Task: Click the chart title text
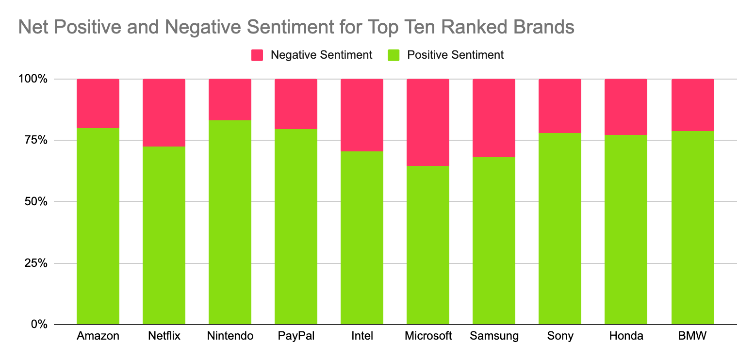[296, 27]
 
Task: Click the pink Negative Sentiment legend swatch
[257, 55]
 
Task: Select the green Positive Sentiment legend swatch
[394, 55]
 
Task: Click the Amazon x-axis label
[98, 336]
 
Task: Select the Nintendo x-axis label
[230, 336]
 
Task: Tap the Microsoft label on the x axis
[428, 336]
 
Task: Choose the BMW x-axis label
[692, 336]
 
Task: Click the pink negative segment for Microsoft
[428, 122]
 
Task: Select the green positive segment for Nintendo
[230, 222]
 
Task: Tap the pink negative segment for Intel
[362, 115]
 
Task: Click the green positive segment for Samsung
[494, 241]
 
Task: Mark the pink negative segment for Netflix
[164, 113]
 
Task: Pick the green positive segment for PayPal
[296, 227]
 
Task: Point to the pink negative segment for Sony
[560, 106]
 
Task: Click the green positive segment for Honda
[626, 229]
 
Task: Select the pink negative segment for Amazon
[98, 103]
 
